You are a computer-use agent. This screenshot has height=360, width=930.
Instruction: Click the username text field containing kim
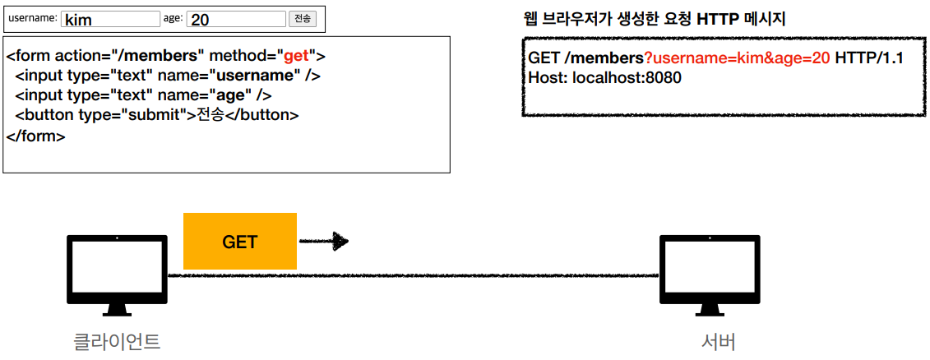pyautogui.click(x=110, y=19)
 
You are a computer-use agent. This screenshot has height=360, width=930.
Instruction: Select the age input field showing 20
pyautogui.click(x=236, y=19)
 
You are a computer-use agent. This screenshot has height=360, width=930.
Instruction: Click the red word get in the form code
pyautogui.click(x=296, y=57)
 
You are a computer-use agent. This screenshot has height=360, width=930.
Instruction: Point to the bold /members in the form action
pyautogui.click(x=160, y=57)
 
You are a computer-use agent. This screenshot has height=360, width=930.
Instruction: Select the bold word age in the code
pyautogui.click(x=231, y=95)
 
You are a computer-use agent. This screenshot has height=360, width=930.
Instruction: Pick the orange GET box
pyautogui.click(x=240, y=242)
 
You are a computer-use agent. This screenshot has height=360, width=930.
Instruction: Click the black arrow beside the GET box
pyautogui.click(x=324, y=242)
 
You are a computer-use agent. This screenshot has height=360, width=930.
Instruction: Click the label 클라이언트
pyautogui.click(x=117, y=341)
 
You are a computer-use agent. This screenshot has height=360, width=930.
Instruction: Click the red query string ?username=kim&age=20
pyautogui.click(x=737, y=60)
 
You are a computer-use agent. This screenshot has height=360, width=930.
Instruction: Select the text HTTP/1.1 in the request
pyautogui.click(x=869, y=60)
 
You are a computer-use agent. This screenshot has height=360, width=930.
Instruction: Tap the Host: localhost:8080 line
pyautogui.click(x=604, y=78)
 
